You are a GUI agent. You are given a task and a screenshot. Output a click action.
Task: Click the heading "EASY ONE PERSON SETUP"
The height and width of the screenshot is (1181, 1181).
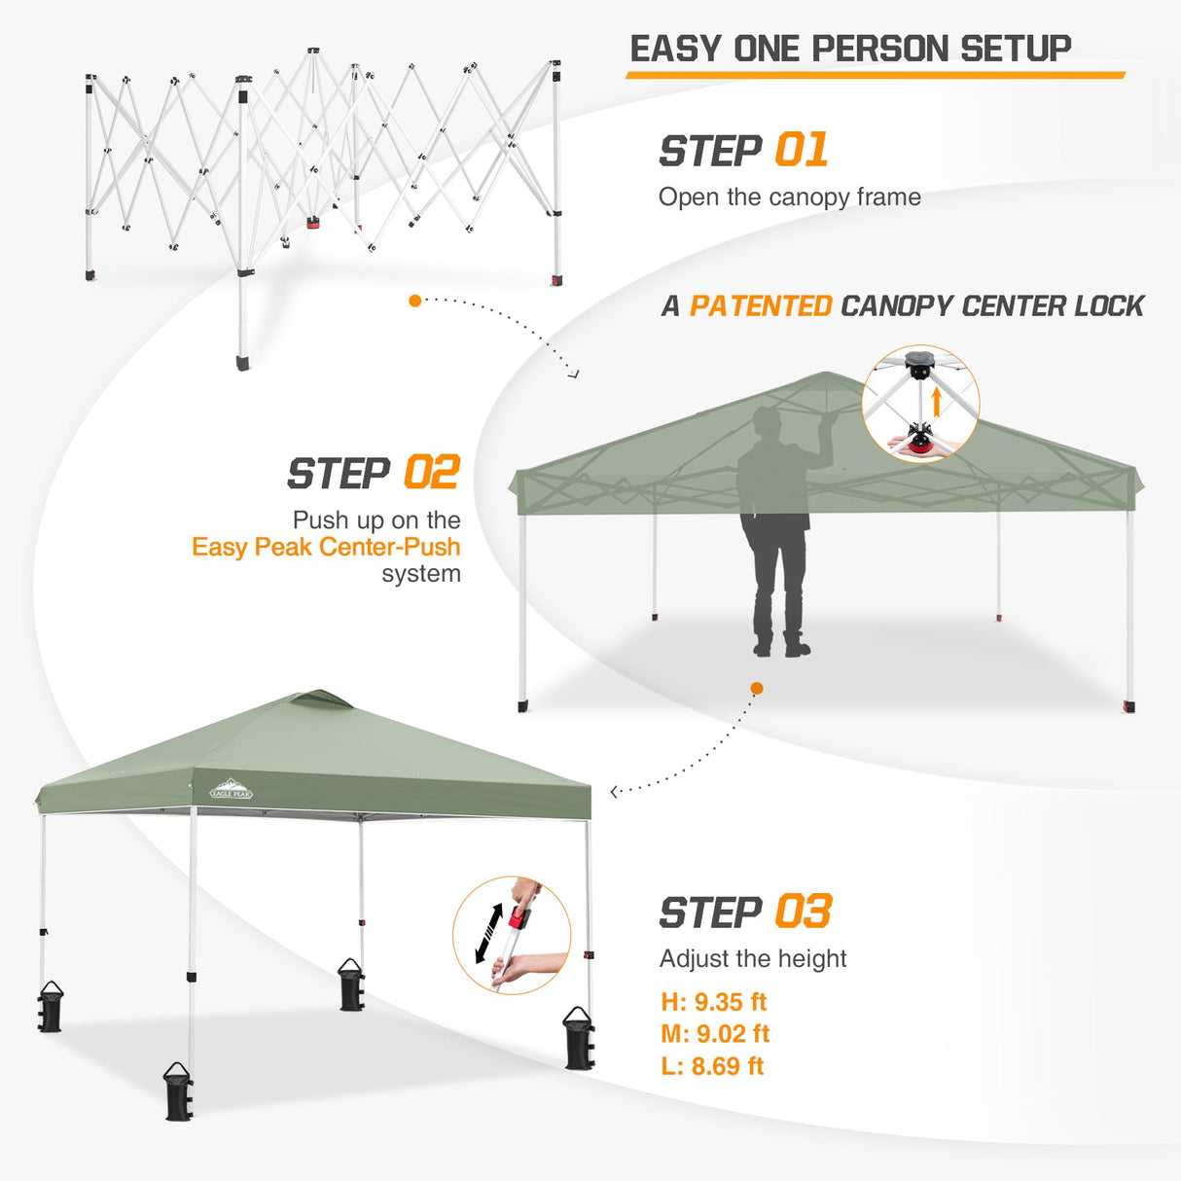pyautogui.click(x=850, y=49)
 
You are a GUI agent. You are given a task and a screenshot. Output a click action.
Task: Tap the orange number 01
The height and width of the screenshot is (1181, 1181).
pyautogui.click(x=802, y=151)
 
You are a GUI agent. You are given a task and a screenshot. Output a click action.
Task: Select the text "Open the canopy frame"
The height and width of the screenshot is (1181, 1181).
pyautogui.click(x=789, y=197)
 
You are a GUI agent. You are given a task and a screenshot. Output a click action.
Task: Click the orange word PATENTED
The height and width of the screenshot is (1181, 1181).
pyautogui.click(x=761, y=306)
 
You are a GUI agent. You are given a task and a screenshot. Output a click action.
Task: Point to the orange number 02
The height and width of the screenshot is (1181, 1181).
pyautogui.click(x=431, y=474)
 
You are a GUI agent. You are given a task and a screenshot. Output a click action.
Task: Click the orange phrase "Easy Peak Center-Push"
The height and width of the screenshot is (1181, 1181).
pyautogui.click(x=326, y=547)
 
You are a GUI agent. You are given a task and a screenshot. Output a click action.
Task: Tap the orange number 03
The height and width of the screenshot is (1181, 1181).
pyautogui.click(x=803, y=913)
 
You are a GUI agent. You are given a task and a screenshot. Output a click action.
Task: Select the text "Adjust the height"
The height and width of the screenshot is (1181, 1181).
pyautogui.click(x=752, y=959)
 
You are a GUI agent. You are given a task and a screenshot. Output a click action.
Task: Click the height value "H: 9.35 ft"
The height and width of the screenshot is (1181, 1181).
pyautogui.click(x=713, y=1002)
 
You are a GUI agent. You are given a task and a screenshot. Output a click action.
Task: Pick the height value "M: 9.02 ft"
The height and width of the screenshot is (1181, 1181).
pyautogui.click(x=715, y=1034)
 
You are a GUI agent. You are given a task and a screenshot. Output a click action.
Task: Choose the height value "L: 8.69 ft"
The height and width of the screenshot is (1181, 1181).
pyautogui.click(x=712, y=1066)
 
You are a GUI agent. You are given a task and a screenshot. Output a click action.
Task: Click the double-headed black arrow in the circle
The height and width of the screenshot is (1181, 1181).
pyautogui.click(x=488, y=934)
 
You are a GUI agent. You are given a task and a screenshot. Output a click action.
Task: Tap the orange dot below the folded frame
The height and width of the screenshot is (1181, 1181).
pyautogui.click(x=415, y=301)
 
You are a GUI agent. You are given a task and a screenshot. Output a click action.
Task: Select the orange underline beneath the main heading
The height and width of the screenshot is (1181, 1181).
pyautogui.click(x=875, y=75)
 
